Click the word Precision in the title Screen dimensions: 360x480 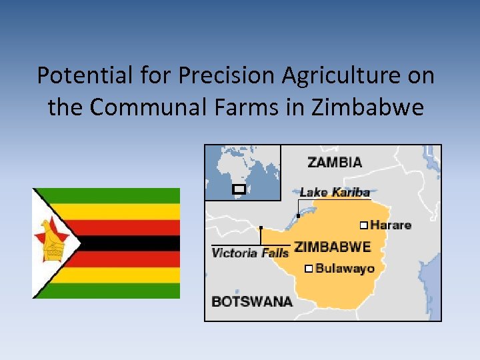[227, 76]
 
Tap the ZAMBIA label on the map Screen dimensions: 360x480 [335, 161]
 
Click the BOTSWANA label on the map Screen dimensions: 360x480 [252, 301]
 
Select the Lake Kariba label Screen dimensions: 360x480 [334, 192]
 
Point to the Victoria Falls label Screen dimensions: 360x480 [250, 253]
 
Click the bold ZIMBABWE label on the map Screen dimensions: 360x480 [332, 247]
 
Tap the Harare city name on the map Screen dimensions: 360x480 [391, 225]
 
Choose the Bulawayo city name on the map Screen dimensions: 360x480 [345, 269]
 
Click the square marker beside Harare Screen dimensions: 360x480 [363, 225]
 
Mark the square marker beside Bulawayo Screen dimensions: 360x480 [307, 269]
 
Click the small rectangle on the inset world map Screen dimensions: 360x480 [238, 189]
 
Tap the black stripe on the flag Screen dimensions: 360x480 [127, 243]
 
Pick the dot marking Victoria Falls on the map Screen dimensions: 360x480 [261, 228]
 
